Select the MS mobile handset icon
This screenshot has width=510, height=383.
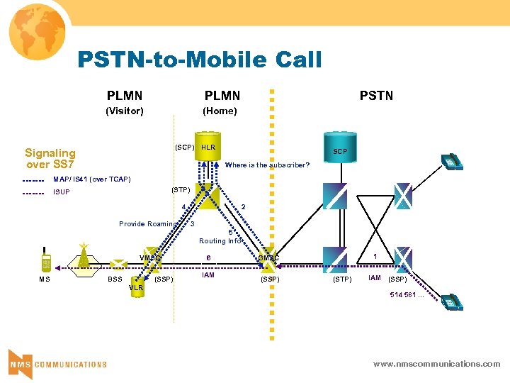(46, 262)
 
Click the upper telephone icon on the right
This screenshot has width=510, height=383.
(450, 162)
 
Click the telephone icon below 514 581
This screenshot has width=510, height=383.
(450, 301)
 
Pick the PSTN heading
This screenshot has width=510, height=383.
(376, 96)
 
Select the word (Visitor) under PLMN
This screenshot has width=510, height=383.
(125, 111)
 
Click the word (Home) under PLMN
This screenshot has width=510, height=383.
(220, 111)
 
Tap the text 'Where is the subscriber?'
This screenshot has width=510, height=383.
(267, 165)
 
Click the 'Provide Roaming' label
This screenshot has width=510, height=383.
(147, 224)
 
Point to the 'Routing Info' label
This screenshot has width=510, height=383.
(220, 241)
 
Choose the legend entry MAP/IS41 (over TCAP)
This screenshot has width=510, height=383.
(91, 179)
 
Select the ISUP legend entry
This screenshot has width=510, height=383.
(62, 192)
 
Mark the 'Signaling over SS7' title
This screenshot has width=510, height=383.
(50, 158)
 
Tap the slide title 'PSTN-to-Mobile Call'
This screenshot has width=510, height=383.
(200, 60)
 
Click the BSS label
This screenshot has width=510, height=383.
(115, 279)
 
